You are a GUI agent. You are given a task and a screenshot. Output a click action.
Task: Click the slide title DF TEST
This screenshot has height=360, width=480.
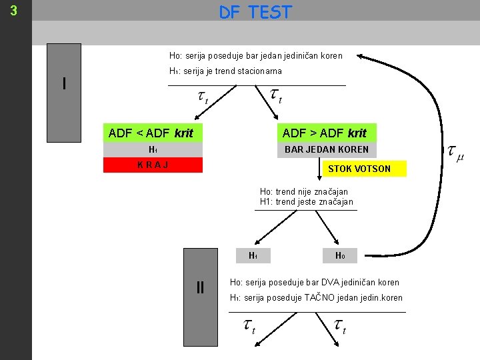point(255,12)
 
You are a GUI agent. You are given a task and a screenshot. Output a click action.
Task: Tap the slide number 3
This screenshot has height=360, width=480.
point(14,11)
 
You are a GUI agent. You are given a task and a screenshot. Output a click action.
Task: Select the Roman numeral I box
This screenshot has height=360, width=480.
point(64,84)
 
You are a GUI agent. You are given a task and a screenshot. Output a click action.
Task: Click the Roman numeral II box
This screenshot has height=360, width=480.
point(201,288)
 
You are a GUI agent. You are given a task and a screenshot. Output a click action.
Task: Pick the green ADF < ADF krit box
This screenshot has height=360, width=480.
point(153,133)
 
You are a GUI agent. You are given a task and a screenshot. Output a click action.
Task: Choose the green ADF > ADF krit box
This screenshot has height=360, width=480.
point(326,133)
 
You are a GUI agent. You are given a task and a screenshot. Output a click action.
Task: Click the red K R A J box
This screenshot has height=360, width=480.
point(153,165)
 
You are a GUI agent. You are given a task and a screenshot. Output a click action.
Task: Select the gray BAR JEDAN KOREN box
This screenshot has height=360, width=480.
point(326,149)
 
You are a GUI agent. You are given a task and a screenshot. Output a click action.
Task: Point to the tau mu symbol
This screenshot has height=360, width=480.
point(455,153)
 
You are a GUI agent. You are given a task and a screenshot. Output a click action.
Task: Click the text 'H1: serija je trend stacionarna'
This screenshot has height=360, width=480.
point(225,71)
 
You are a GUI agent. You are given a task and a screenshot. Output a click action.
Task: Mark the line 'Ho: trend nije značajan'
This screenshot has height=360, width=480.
point(303,192)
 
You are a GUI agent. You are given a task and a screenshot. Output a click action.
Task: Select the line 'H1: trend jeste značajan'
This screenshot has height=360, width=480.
point(306,202)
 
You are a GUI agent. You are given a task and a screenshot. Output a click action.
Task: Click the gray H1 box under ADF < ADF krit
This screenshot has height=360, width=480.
point(153,149)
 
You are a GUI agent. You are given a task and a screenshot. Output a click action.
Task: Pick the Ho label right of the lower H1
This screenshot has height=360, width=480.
point(339,255)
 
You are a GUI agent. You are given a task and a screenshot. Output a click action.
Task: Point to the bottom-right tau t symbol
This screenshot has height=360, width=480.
point(339,327)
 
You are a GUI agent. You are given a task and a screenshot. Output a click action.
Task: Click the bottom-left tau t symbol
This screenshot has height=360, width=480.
point(249,327)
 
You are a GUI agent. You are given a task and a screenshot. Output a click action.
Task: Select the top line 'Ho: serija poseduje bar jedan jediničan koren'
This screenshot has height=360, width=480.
point(255,55)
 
